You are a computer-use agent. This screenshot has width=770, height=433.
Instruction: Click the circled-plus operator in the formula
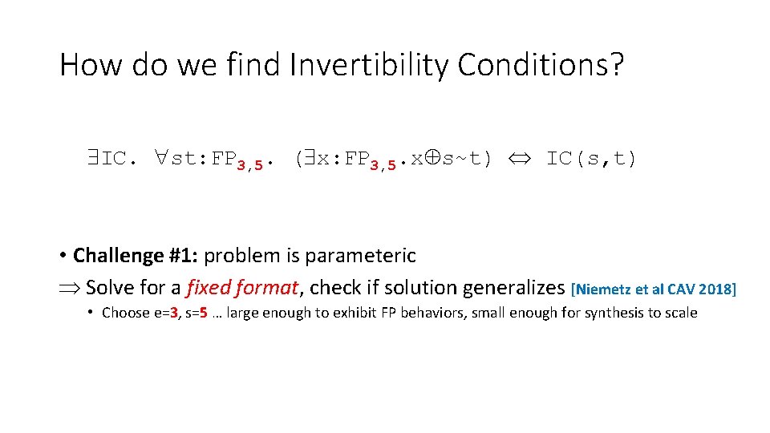(x=430, y=159)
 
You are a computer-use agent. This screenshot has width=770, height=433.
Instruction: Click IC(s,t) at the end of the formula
(x=592, y=159)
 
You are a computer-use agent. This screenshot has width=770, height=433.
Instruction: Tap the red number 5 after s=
(x=212, y=313)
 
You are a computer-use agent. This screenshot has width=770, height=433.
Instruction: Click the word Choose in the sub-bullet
(x=126, y=313)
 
